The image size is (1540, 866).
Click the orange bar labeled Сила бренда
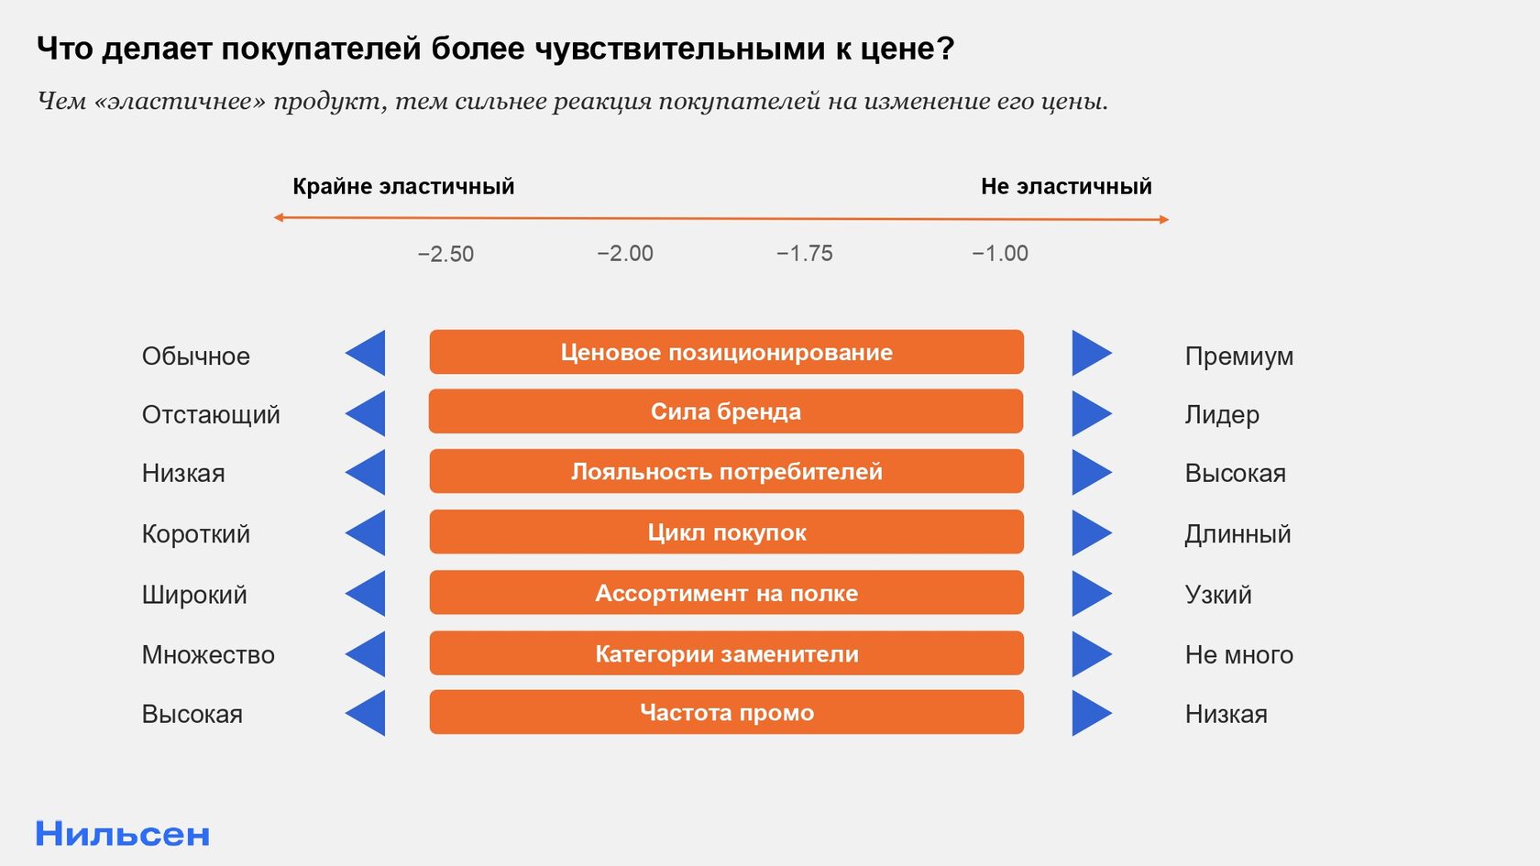point(726,411)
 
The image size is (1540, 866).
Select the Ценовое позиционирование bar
point(727,352)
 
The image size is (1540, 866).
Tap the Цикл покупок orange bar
point(727,532)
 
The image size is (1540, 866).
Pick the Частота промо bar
point(727,712)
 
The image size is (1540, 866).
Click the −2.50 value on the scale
point(445,255)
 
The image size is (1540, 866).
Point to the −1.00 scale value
point(999,254)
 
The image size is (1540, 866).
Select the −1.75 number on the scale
point(805,254)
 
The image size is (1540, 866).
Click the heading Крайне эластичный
point(403,187)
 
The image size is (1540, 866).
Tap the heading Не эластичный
point(1066,186)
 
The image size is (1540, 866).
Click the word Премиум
point(1239,356)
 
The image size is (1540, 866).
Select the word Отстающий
point(211,415)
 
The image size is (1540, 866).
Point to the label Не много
point(1239,655)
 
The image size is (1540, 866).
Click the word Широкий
point(194,596)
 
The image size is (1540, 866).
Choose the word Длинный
point(1237,535)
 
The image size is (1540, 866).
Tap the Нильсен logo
point(123,834)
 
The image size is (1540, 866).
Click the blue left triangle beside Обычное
point(367,353)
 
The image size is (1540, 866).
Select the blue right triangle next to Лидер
point(1091,413)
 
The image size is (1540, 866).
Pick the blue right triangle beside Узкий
point(1091,593)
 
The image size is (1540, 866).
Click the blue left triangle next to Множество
point(367,653)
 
